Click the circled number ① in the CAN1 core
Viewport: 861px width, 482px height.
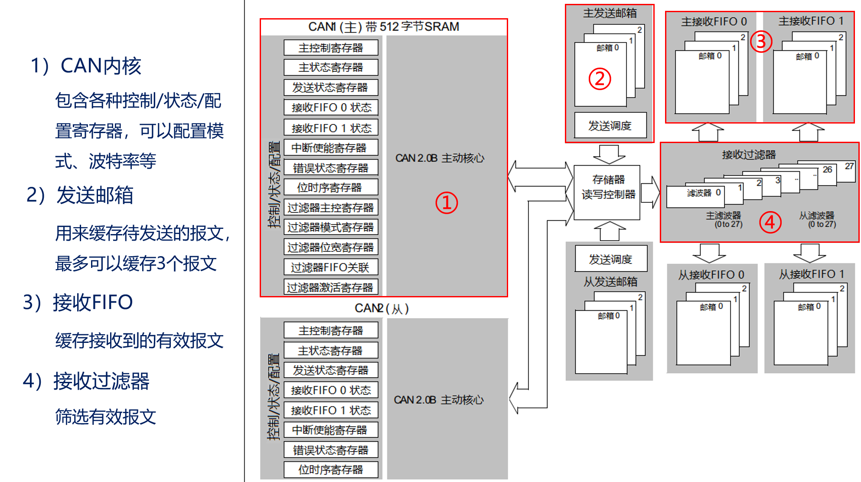447,203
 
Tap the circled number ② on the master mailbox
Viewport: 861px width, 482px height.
600,79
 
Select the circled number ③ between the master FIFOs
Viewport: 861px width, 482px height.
761,42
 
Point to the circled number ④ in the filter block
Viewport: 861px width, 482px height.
770,222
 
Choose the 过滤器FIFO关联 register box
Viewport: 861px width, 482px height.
331,267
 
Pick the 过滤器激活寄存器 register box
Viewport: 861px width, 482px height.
331,287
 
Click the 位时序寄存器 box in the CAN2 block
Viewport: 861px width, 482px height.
331,469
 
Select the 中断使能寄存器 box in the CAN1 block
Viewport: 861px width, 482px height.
331,148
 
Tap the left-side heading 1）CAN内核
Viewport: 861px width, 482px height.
86,66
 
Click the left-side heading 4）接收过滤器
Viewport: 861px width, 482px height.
86,381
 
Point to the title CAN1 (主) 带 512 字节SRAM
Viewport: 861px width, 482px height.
384,27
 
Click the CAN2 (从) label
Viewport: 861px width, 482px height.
382,308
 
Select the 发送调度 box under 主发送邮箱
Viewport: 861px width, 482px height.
610,126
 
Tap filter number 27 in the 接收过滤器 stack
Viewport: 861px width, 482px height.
849,166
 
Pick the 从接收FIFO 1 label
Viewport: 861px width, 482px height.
811,274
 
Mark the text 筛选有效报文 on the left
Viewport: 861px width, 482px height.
105,417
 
